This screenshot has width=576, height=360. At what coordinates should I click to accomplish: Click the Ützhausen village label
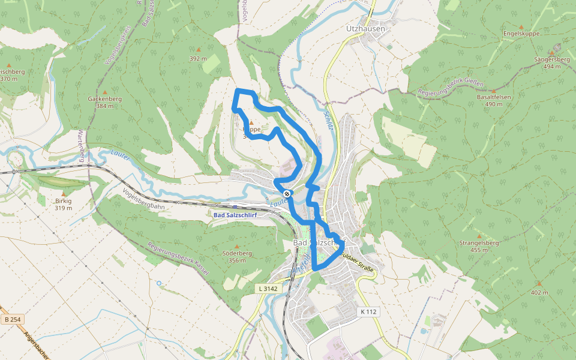(x=365, y=28)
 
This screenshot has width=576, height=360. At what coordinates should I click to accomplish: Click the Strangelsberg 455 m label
(x=479, y=246)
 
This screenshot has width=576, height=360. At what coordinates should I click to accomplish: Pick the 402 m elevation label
(x=539, y=292)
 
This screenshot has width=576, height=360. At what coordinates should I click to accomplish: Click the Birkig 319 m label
(x=63, y=204)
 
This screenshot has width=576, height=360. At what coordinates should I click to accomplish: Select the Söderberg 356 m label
(x=237, y=256)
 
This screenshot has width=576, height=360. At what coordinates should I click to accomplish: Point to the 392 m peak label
(x=198, y=59)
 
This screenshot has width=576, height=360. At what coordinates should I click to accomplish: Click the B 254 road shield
(x=11, y=319)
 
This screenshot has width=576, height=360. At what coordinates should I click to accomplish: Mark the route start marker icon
(x=287, y=193)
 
